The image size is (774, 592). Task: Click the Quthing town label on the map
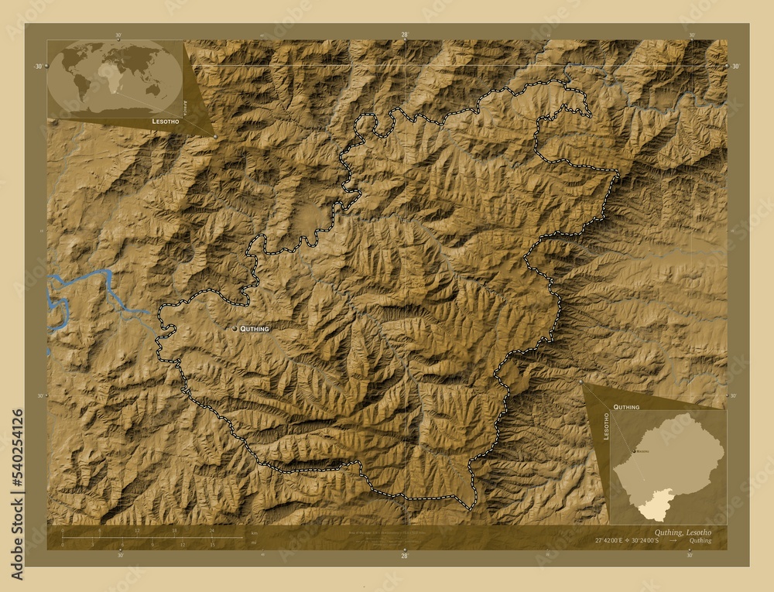coord(255,329)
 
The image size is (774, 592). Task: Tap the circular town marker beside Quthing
coord(235,329)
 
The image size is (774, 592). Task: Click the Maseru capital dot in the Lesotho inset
coord(634,450)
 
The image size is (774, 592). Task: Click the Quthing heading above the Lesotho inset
coord(626,406)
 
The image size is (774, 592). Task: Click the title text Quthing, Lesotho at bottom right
coord(683,532)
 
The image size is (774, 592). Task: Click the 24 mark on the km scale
coord(211,531)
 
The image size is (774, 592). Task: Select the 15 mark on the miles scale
coord(211,545)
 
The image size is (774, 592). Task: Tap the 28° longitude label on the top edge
coord(404,35)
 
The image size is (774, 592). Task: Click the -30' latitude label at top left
coord(37,67)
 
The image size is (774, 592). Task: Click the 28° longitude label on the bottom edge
coord(404,555)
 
